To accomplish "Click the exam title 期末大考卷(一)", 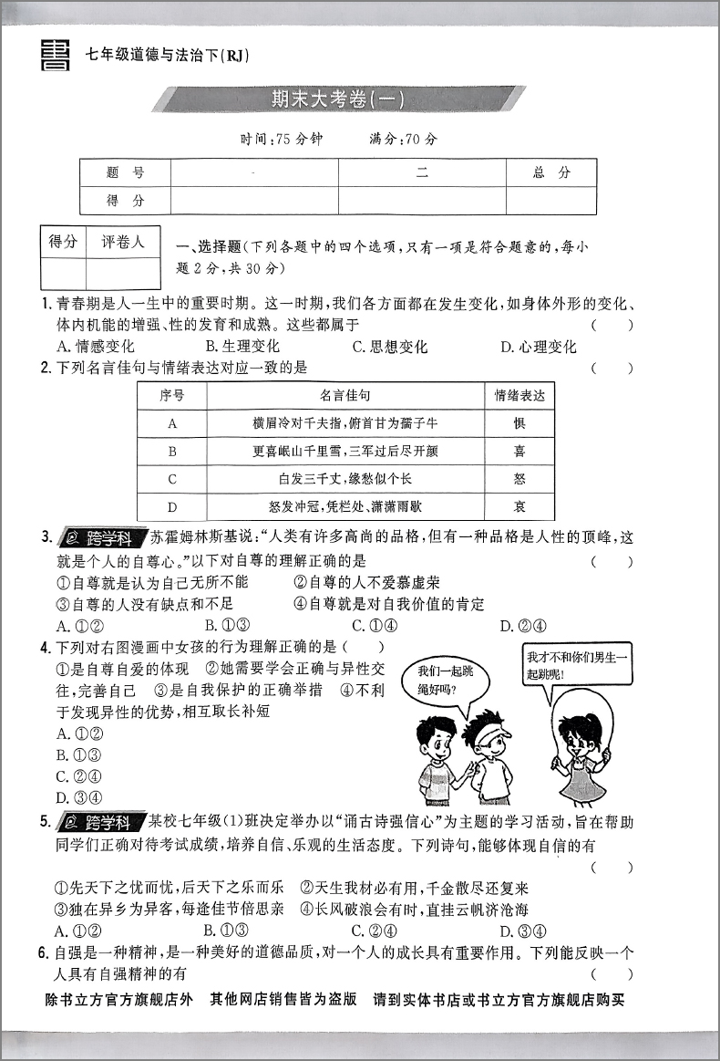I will coord(337,99).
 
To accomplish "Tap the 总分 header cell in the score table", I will coord(551,172).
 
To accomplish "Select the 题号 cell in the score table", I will coord(125,172).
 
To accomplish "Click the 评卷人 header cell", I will coord(122,243).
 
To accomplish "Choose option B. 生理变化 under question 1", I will coord(242,347).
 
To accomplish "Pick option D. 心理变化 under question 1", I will coord(539,347).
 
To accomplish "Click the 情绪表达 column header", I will coord(519,395).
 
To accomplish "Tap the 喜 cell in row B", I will coord(519,451).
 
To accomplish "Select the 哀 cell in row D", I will coord(519,506).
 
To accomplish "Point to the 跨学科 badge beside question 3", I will coord(100,537).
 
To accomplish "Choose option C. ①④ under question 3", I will coord(375,625).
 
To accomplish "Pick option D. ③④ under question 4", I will coord(75,797).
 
